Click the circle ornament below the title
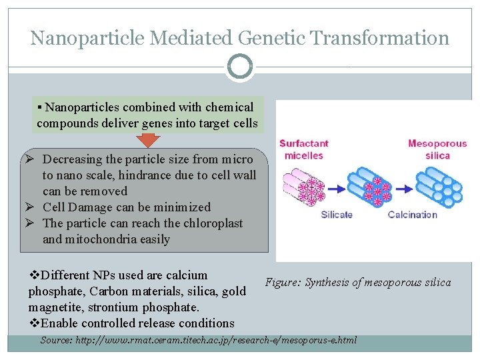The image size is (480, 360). pos(239,67)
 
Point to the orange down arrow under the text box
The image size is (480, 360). pos(149,139)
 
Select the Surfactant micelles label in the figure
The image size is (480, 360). pos(304,150)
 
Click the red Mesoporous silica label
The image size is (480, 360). pos(437,150)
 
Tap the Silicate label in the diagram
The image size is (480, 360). pos(337,215)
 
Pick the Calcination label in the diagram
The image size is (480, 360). pos(413,215)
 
